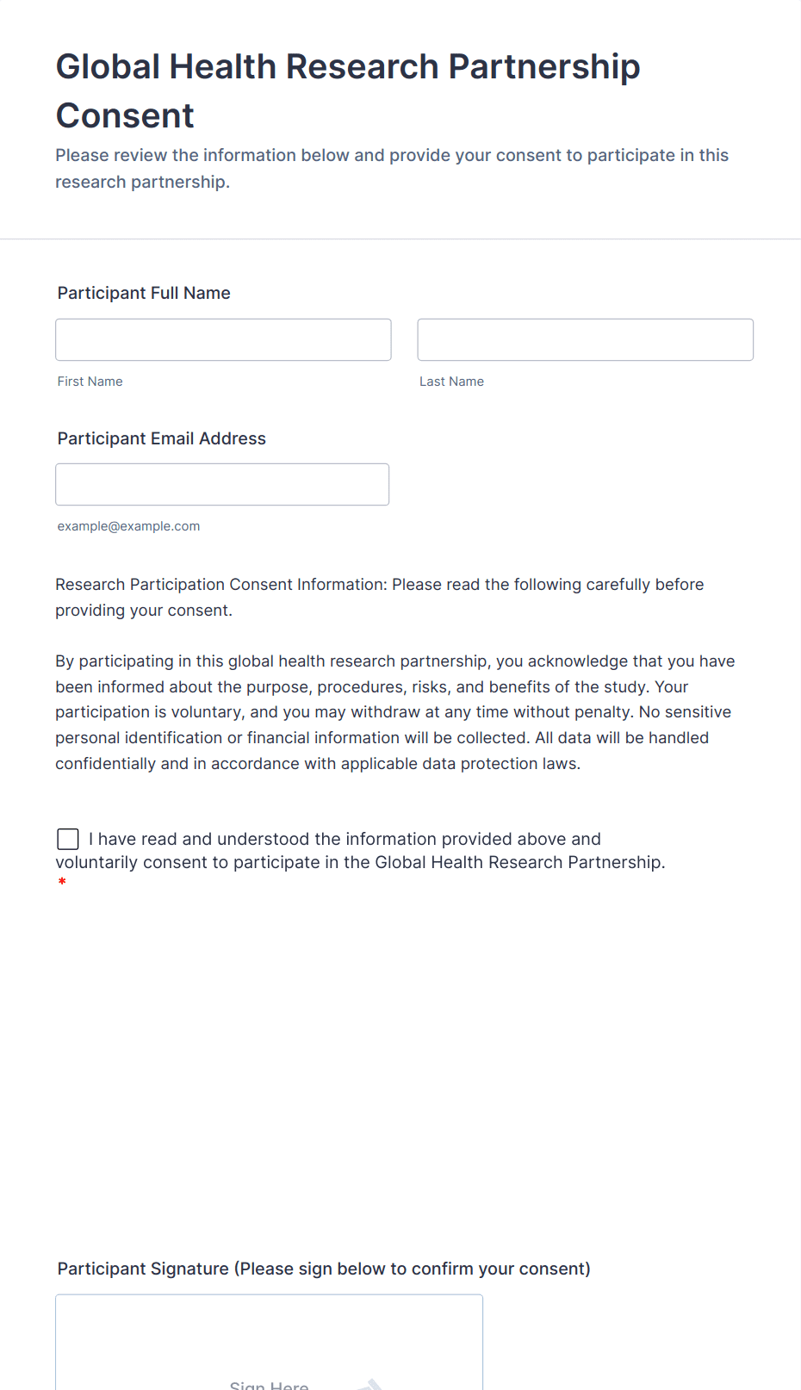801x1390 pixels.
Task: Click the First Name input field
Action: click(223, 339)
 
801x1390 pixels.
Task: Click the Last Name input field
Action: click(585, 339)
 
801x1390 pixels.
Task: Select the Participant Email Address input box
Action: click(222, 484)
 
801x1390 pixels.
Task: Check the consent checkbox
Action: click(68, 839)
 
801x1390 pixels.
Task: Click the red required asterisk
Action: click(62, 882)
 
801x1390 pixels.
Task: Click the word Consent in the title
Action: click(125, 115)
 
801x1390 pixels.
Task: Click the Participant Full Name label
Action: click(144, 293)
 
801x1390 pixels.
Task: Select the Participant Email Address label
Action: click(161, 438)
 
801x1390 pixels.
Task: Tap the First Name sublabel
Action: click(90, 382)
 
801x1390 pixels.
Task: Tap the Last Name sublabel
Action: click(451, 382)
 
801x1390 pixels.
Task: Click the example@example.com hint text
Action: click(128, 526)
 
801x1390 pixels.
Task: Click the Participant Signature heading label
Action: click(324, 1269)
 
